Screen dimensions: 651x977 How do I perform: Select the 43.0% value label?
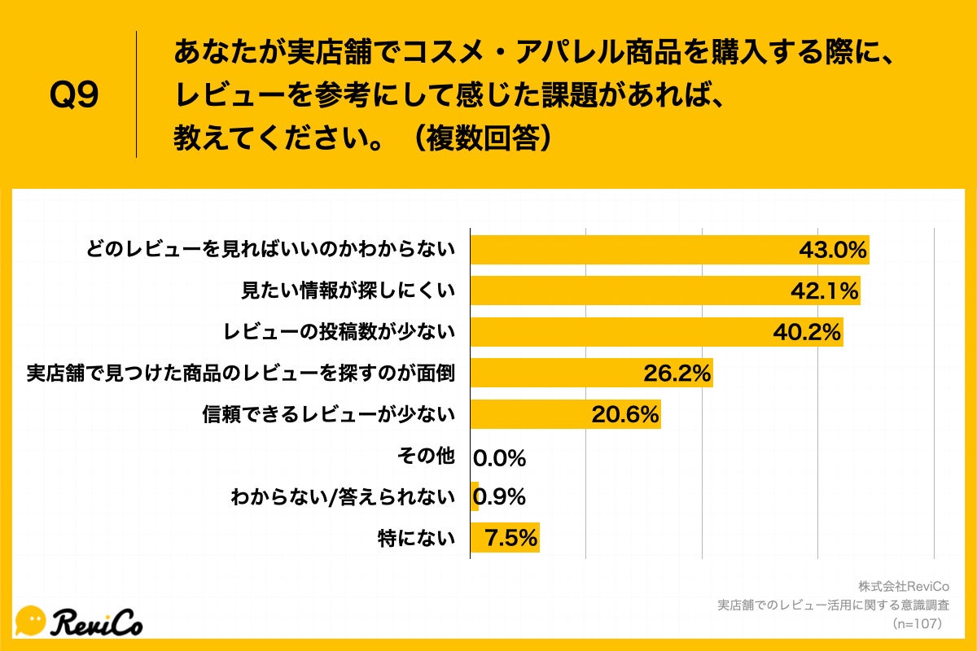tap(832, 250)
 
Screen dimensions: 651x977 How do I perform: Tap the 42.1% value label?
tap(824, 291)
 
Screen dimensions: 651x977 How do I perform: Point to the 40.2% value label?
tap(806, 332)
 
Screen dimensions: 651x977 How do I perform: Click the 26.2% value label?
tap(677, 374)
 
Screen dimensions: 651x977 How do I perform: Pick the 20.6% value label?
tap(624, 415)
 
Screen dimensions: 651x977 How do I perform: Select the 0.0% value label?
tap(500, 458)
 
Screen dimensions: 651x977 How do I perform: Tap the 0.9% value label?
tap(500, 496)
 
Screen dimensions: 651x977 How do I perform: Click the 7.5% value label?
tap(511, 538)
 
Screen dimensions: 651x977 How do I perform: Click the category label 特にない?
tap(416, 538)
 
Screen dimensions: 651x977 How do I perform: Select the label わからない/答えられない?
tap(343, 496)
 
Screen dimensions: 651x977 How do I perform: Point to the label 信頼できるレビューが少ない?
tap(328, 415)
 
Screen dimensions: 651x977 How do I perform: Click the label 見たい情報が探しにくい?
tap(348, 291)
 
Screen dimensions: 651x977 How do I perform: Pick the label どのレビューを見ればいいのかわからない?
tap(270, 250)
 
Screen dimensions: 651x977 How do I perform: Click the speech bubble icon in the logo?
tap(31, 621)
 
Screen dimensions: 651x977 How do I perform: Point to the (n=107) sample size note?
tap(917, 623)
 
